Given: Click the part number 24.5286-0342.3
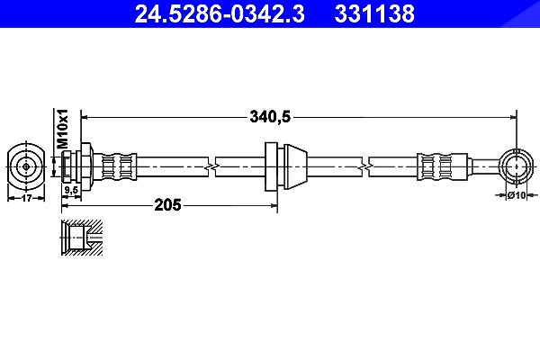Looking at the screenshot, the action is (220, 13).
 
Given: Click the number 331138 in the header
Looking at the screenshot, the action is (374, 13).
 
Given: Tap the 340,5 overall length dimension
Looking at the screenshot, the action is (270, 117).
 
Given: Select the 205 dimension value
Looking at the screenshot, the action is (167, 205).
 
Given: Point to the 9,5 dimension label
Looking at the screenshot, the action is (72, 191).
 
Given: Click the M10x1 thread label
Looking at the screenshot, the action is (63, 129).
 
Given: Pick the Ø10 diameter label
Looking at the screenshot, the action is (517, 195).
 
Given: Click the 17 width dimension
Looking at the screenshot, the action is (26, 198).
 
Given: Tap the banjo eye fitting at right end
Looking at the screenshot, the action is (516, 166).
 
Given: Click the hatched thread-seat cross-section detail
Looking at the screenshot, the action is (82, 238).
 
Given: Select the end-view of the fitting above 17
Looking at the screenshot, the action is (26, 166).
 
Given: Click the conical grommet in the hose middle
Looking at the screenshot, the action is (295, 166).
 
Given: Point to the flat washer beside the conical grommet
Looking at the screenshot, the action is (271, 166).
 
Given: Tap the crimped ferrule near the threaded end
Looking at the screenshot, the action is (116, 166).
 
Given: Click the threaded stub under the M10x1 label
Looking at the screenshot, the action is (67, 166).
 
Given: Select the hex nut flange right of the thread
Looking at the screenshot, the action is (86, 166).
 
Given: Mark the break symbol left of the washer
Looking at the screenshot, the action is (211, 167).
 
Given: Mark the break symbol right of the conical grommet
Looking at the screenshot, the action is (365, 167).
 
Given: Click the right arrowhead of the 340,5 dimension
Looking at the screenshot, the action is (513, 118).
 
